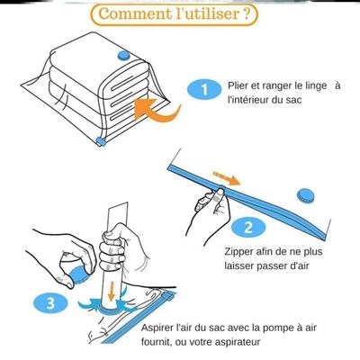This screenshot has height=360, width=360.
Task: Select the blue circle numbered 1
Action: tap(204, 90)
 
